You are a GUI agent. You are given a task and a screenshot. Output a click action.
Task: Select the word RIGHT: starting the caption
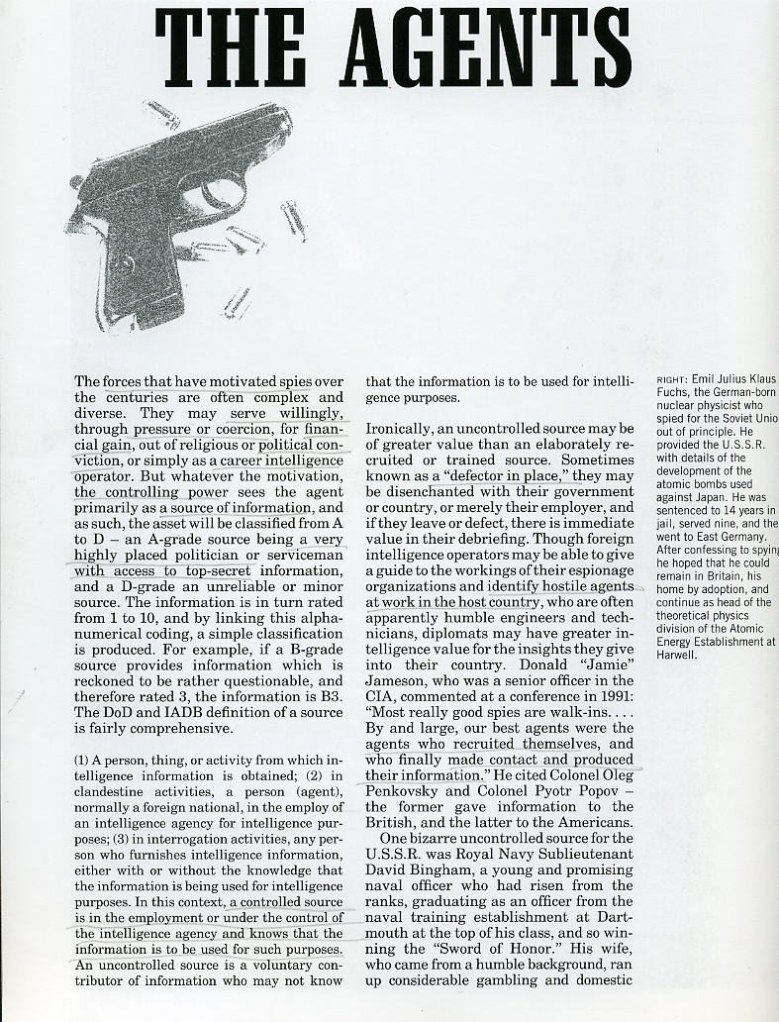674,379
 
